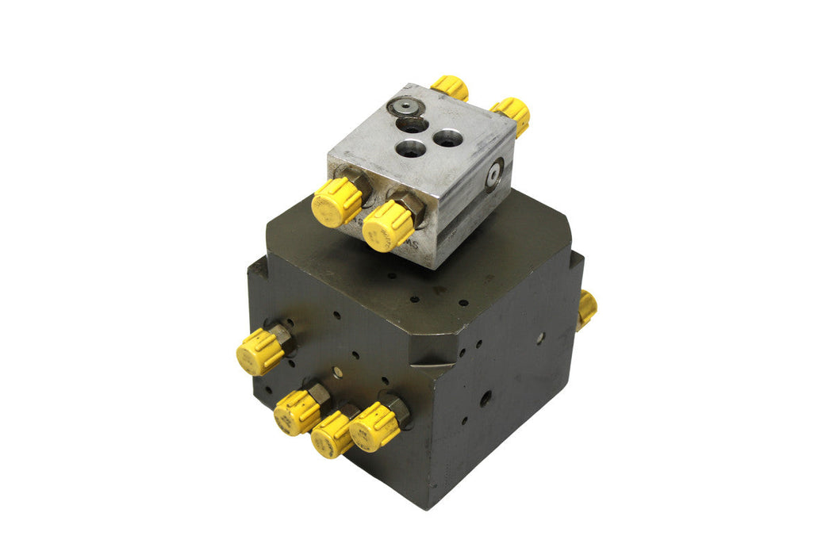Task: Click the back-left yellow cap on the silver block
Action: pos(450,87)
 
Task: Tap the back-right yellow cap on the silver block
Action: pos(512,114)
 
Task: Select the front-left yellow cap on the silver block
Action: pos(336,201)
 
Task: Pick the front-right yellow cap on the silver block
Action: pos(389,225)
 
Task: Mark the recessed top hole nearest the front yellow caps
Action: pos(410,147)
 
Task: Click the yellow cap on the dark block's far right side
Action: pos(586,308)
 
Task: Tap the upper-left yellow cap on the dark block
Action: pos(260,351)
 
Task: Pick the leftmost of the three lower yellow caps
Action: pos(297,411)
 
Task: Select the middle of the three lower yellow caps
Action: pos(332,434)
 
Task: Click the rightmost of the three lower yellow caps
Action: pos(374,426)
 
